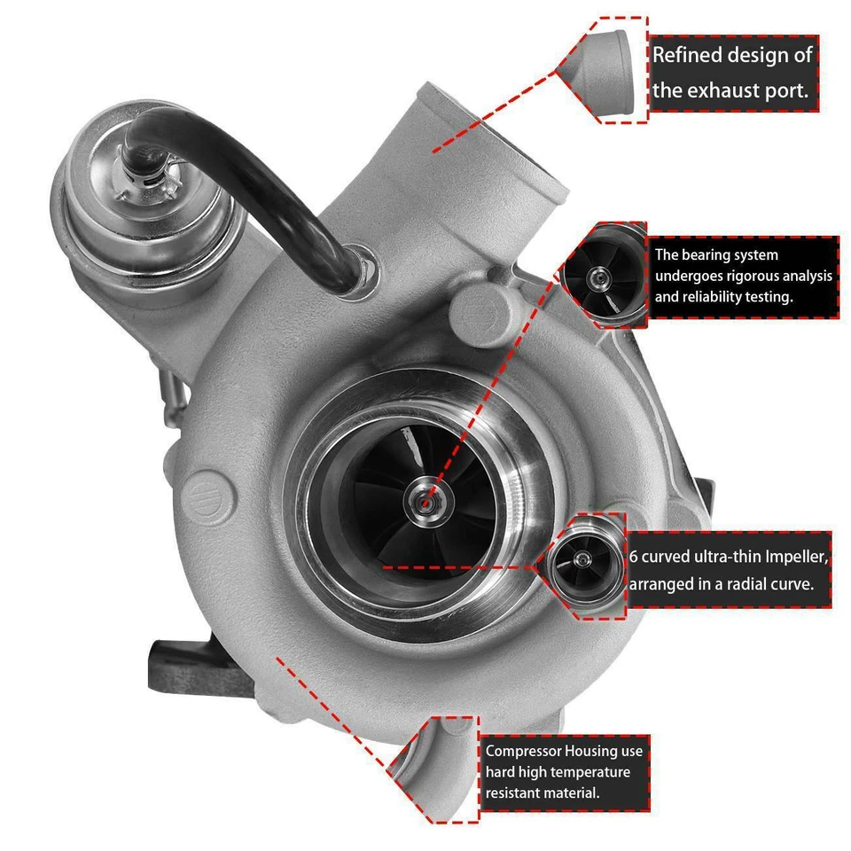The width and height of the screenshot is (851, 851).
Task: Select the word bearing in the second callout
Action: coord(714,255)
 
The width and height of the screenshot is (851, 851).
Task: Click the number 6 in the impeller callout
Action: coord(634,557)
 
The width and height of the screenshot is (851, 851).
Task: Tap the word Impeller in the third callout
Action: coord(793,557)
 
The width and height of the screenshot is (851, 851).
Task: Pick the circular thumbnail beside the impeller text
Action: coord(583,561)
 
